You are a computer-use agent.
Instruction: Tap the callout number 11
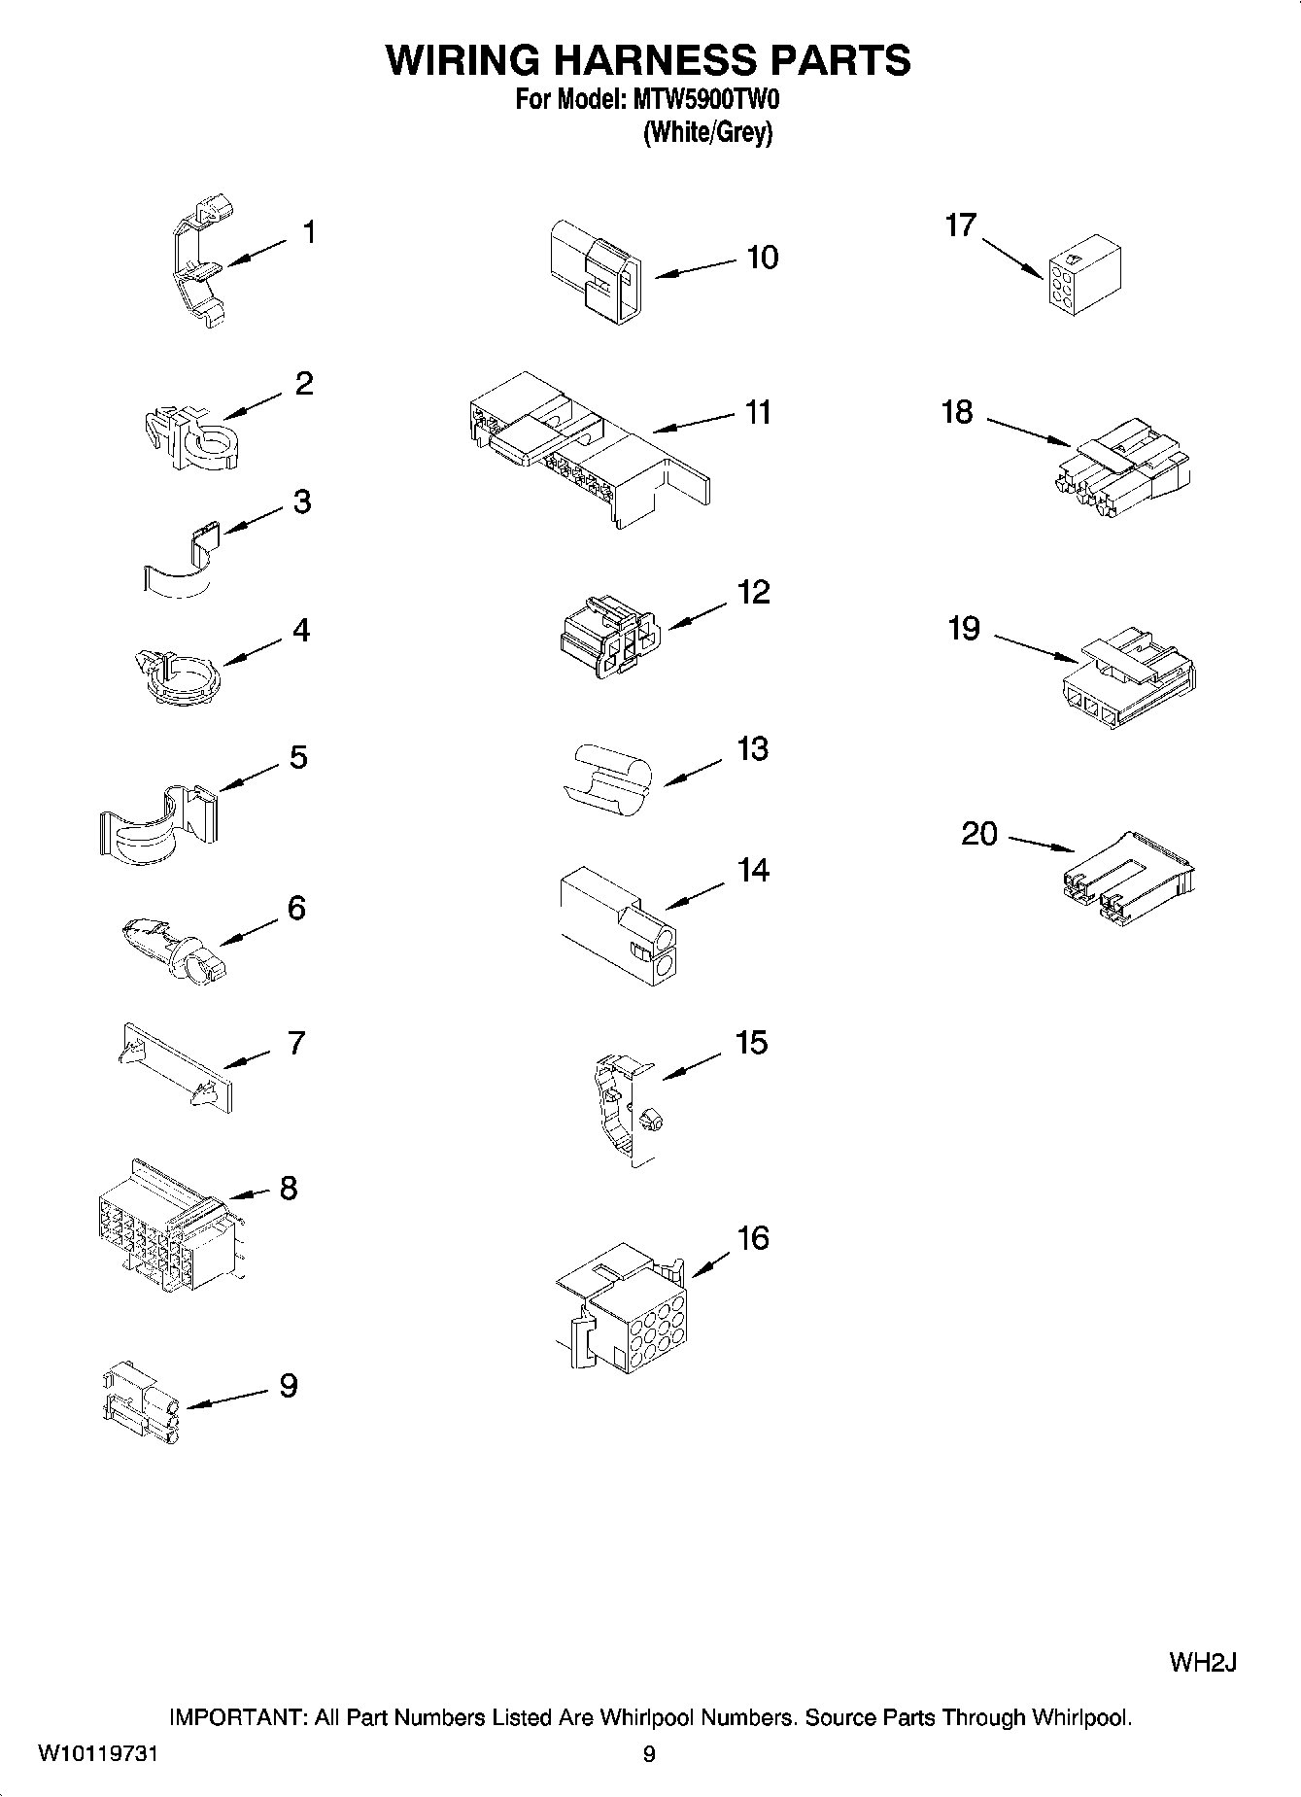[x=758, y=412]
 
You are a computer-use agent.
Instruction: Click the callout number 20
[x=979, y=833]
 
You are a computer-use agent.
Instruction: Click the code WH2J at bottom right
[x=1202, y=1662]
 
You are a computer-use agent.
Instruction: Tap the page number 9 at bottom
[x=649, y=1754]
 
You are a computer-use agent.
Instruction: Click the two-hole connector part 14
[x=617, y=924]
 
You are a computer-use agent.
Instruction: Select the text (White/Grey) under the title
[x=707, y=133]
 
